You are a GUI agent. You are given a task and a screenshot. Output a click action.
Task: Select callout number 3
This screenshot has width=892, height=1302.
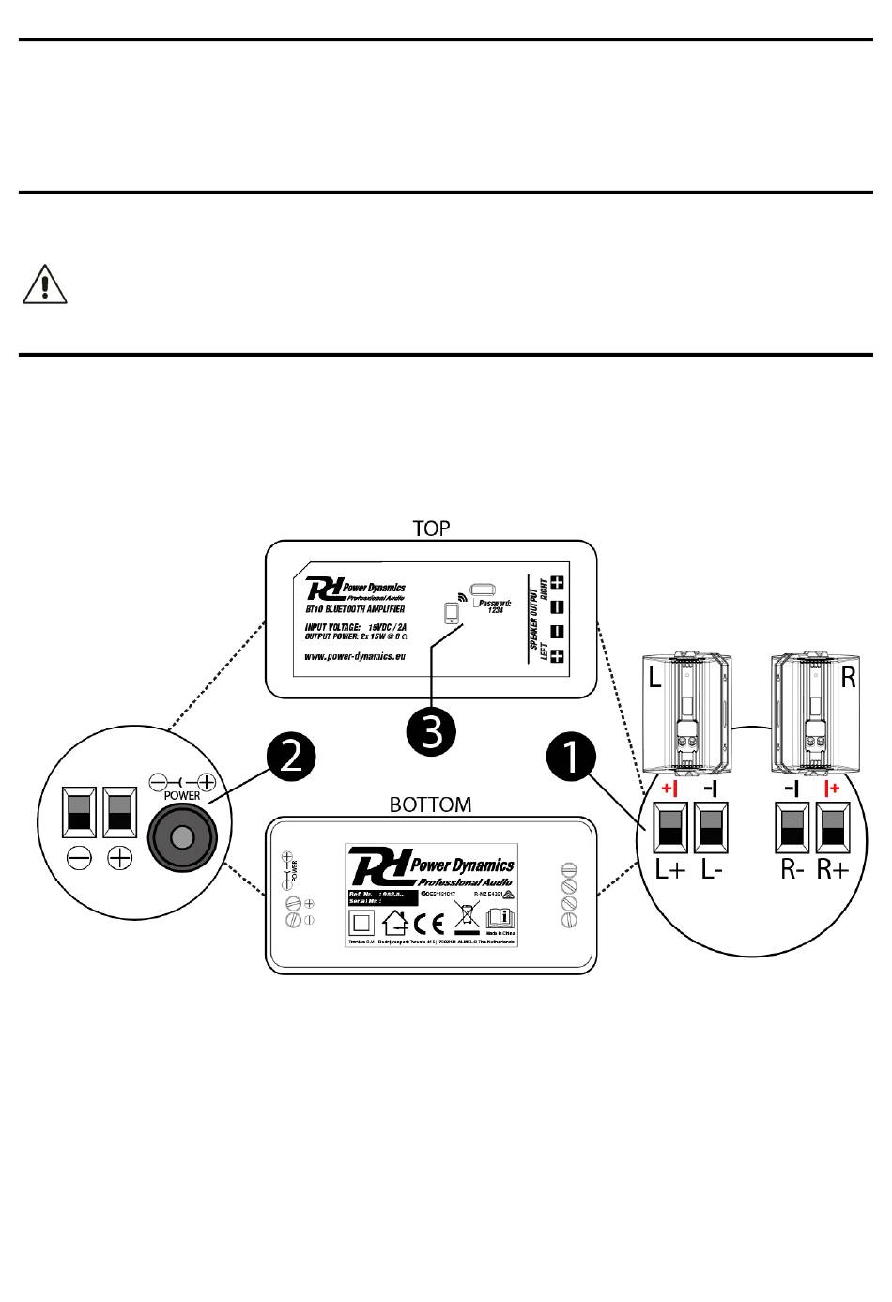tap(432, 731)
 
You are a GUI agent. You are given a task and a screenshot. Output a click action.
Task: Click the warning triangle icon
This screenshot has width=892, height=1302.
tap(44, 283)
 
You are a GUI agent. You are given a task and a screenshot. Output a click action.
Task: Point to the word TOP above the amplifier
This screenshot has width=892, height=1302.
tap(432, 528)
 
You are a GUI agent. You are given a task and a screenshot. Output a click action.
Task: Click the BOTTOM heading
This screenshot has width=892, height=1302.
tap(430, 804)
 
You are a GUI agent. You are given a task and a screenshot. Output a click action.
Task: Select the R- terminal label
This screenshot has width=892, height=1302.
tap(792, 869)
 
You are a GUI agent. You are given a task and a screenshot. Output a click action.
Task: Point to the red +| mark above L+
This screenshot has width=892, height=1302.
tap(669, 788)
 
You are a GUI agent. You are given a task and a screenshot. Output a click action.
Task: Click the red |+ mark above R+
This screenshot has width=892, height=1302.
tap(832, 788)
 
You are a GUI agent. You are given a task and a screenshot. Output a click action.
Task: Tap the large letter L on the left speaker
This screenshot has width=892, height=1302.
tap(654, 678)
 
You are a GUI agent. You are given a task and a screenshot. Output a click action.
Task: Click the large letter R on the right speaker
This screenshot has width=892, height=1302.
tap(849, 678)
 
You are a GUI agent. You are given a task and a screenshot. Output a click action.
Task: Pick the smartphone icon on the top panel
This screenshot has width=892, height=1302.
tap(452, 613)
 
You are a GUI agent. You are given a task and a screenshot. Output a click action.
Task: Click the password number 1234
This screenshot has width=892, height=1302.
tap(497, 611)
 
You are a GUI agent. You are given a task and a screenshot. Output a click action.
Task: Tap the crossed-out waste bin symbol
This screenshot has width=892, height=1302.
tap(466, 916)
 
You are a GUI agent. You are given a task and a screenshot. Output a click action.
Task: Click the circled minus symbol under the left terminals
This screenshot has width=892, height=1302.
tap(79, 857)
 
